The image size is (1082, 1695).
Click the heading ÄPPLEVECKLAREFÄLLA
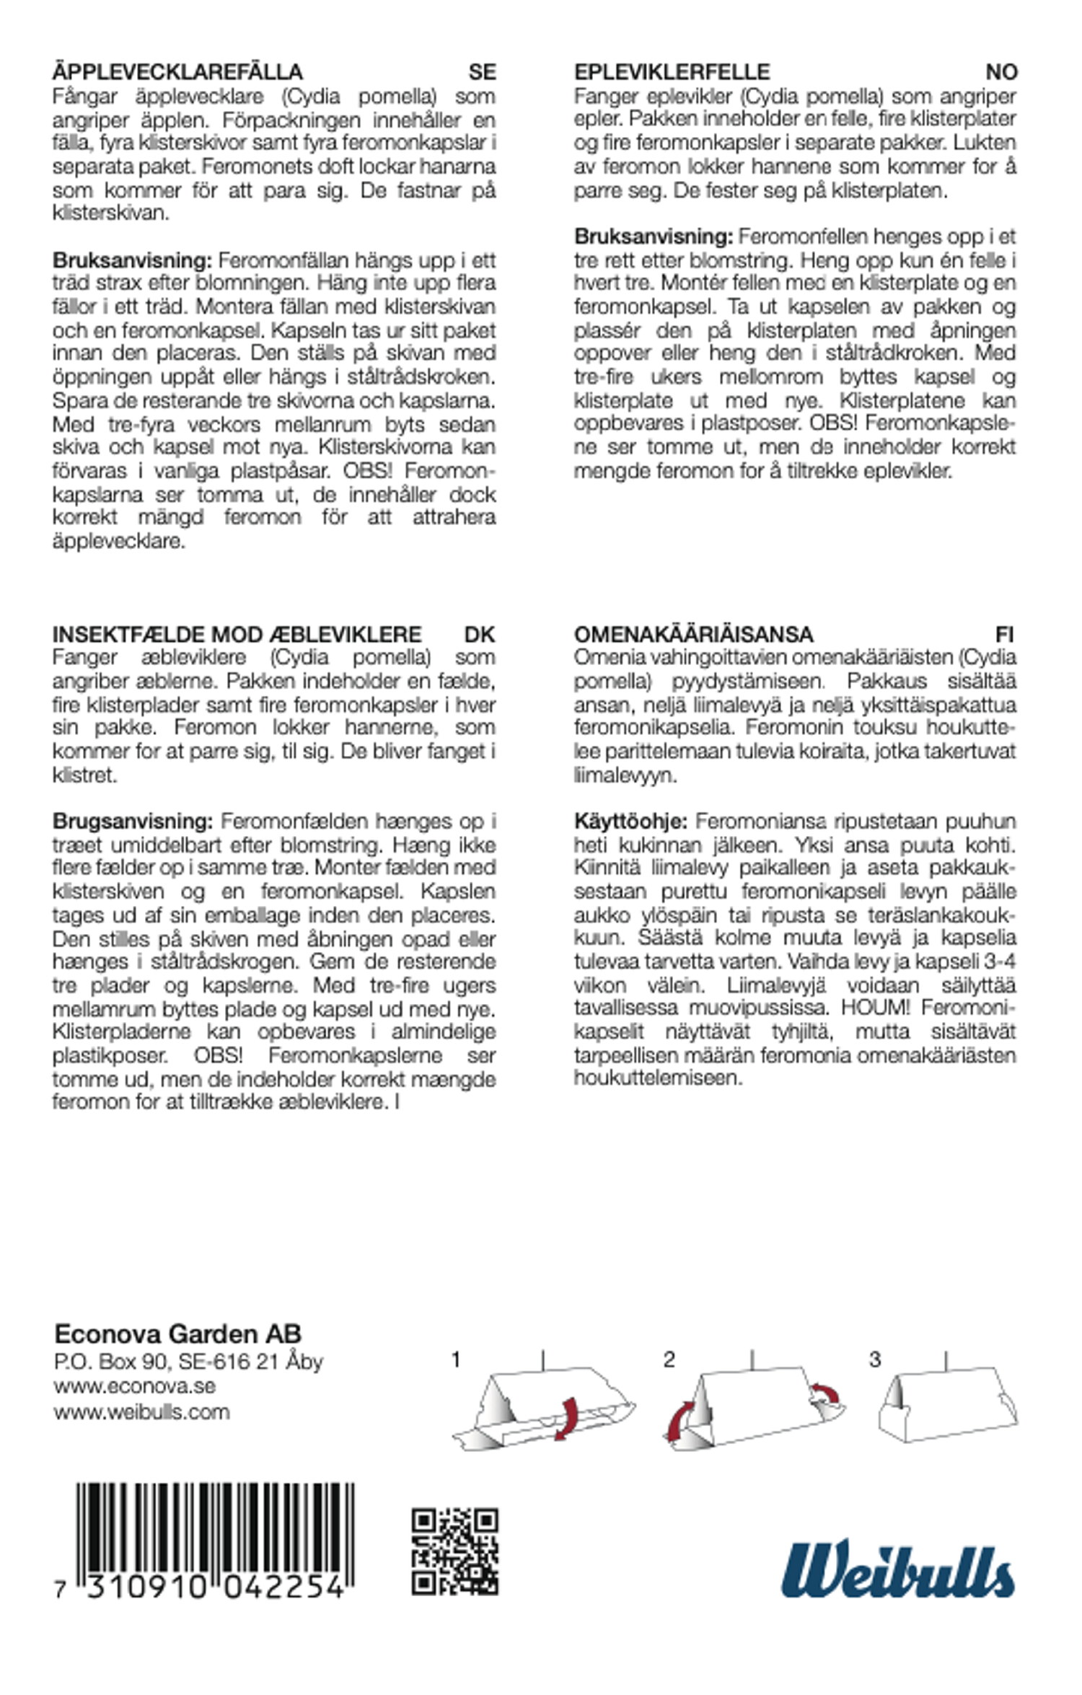[x=177, y=72]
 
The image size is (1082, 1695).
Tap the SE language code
[x=482, y=72]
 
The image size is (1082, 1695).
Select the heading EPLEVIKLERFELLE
[x=672, y=72]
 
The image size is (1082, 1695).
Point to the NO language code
[x=1001, y=72]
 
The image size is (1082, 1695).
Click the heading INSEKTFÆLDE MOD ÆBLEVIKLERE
[x=237, y=634]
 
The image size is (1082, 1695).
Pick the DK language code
[x=480, y=634]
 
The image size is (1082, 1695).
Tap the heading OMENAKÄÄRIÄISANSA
[x=694, y=634]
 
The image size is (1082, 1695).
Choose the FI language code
[x=1004, y=634]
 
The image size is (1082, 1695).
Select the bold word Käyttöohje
[x=630, y=821]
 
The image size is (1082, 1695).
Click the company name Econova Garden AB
[x=177, y=1334]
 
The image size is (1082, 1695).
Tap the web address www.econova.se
[x=134, y=1386]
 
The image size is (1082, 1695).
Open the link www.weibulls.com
[x=141, y=1411]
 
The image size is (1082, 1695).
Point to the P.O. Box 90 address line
[x=188, y=1361]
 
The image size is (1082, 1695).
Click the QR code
[x=454, y=1551]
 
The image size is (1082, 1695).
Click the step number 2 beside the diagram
[x=669, y=1360]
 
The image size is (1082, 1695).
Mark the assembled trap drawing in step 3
[x=946, y=1406]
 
